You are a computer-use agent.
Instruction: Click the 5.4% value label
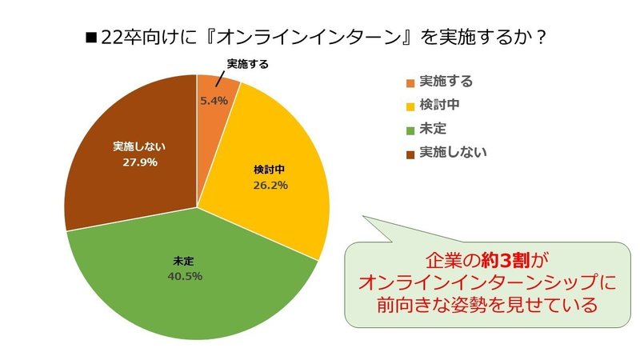coord(214,101)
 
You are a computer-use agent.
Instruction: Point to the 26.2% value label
coord(270,186)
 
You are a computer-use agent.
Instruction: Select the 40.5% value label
coord(186,277)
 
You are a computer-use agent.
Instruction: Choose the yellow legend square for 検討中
coord(410,106)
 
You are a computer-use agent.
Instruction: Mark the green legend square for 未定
coord(410,129)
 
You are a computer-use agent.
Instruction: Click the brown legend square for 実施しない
coord(410,152)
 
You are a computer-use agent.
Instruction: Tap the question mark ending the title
coord(540,38)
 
